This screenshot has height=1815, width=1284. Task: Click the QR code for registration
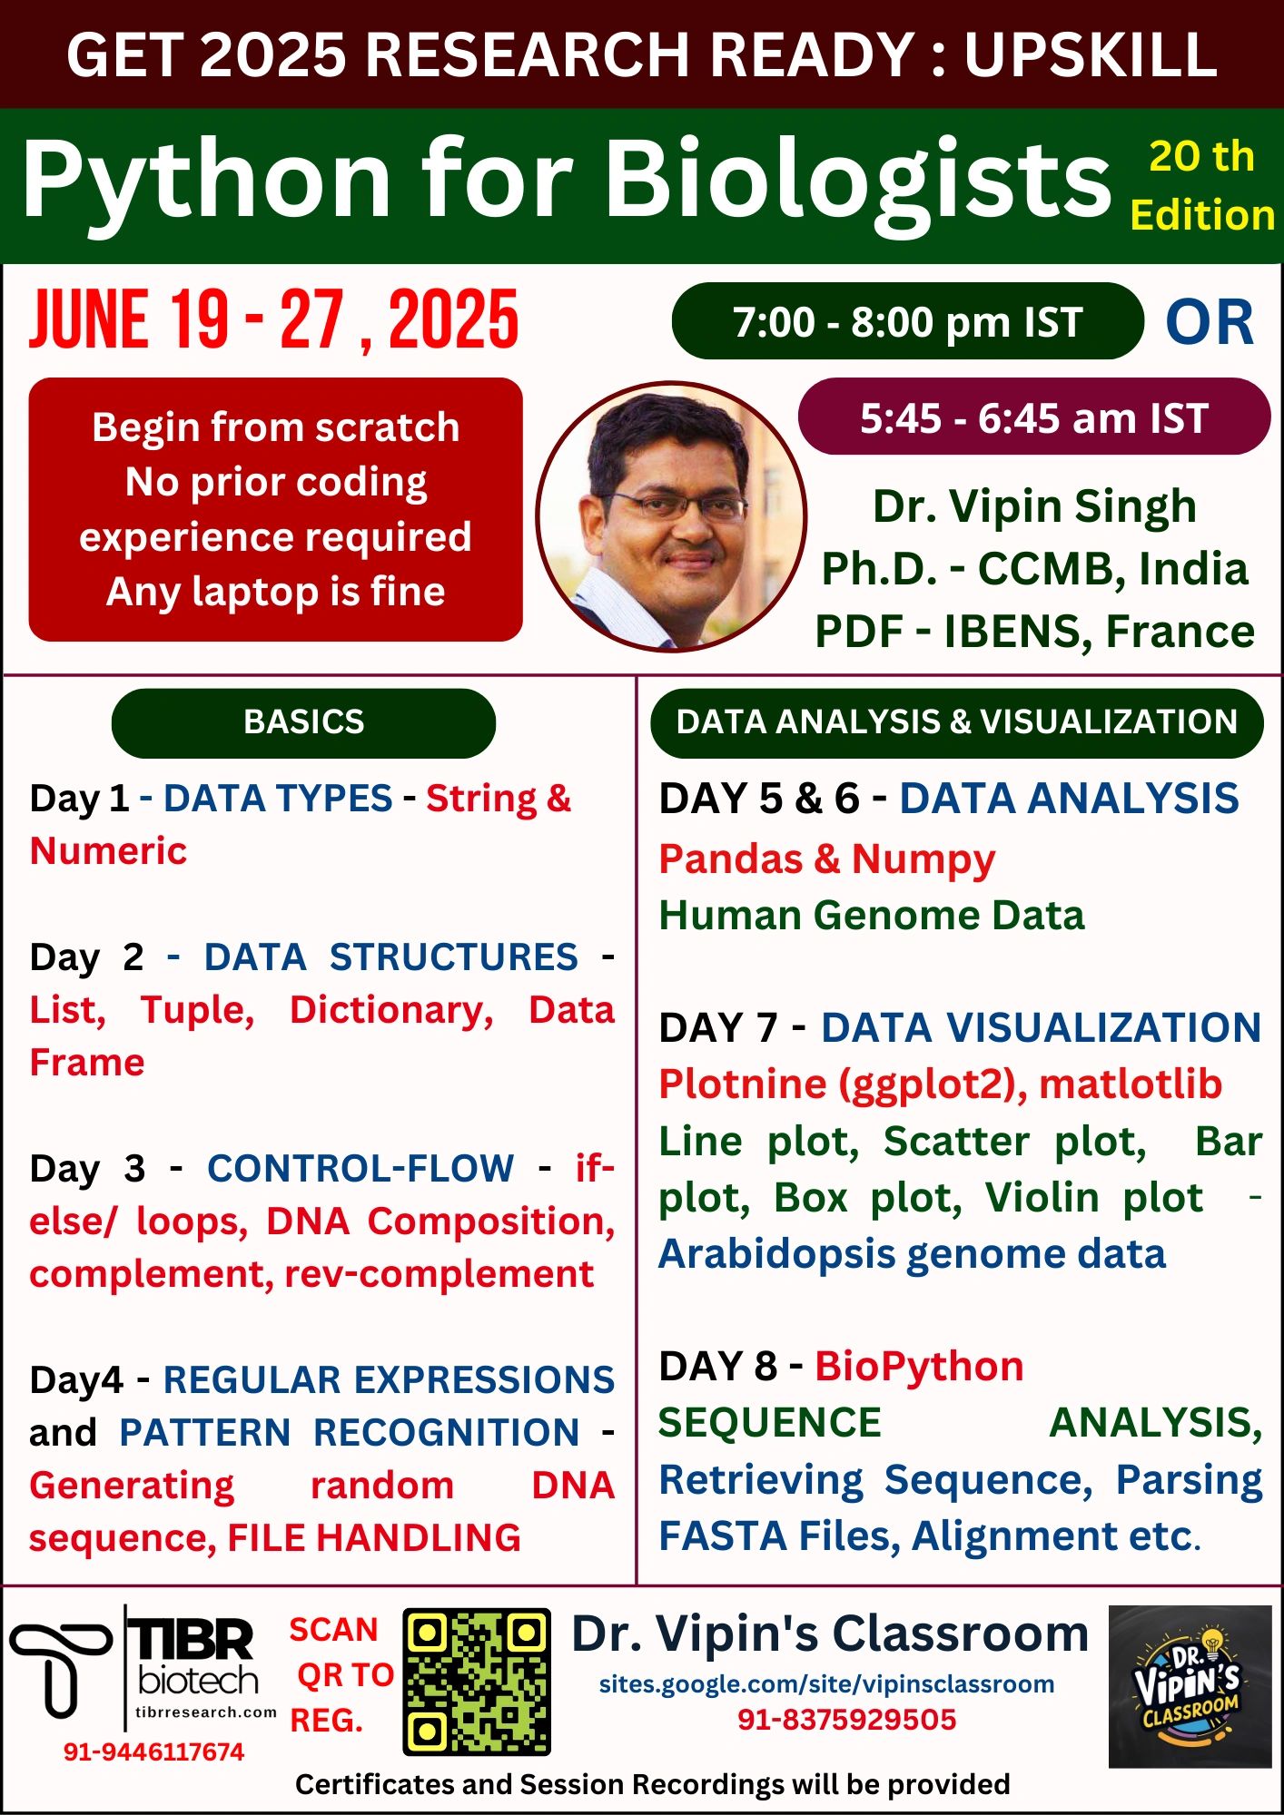click(x=477, y=1682)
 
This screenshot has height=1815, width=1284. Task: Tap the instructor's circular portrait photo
click(x=671, y=516)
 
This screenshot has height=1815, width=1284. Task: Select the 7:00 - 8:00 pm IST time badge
click(x=907, y=322)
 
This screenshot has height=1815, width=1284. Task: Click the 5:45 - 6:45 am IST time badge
click(x=1033, y=418)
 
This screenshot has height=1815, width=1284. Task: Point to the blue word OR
click(x=1210, y=323)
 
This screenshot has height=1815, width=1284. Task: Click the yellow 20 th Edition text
click(x=1201, y=186)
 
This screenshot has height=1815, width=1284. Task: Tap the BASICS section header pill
click(x=303, y=722)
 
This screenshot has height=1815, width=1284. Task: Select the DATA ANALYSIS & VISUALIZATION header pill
click(x=956, y=722)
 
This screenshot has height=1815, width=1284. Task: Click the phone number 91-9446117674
click(x=153, y=1752)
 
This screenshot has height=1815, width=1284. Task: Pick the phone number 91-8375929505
click(x=846, y=1720)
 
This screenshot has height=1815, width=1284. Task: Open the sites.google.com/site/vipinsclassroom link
click(x=826, y=1684)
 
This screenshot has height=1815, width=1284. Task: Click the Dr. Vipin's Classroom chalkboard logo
click(x=1190, y=1686)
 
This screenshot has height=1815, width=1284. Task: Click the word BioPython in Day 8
click(x=919, y=1367)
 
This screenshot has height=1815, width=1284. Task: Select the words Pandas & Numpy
click(x=826, y=858)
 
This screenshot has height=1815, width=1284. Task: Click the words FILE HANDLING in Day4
click(x=373, y=1538)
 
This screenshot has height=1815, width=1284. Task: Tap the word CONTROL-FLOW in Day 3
click(x=361, y=1169)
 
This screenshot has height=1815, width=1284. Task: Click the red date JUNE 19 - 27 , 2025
click(x=273, y=320)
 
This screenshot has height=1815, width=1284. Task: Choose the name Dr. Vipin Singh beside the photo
click(x=1033, y=506)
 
